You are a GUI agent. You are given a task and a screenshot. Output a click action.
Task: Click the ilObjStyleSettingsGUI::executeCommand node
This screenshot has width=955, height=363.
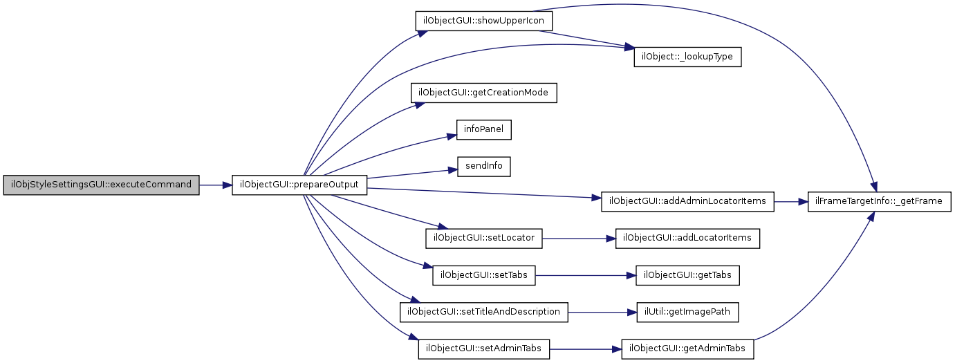click(101, 185)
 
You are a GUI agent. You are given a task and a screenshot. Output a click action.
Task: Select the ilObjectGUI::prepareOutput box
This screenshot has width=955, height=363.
click(299, 185)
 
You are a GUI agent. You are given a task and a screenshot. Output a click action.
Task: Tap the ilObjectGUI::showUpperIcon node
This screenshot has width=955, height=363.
click(483, 21)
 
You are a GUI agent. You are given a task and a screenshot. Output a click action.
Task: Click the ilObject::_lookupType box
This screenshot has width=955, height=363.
click(687, 57)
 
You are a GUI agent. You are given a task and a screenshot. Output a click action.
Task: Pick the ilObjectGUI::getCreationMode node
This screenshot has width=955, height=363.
click(484, 93)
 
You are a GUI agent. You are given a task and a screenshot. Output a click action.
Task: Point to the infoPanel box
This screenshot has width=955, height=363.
click(483, 129)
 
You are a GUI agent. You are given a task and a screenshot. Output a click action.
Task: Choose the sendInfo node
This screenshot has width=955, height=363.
click(483, 166)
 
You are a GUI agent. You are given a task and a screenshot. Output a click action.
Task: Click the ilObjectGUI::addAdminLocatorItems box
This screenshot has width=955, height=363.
click(687, 202)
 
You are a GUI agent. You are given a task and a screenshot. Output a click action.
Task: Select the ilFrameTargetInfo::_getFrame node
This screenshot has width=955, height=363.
click(880, 202)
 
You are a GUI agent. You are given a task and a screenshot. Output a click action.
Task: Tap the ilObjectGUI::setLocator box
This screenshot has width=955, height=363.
click(483, 239)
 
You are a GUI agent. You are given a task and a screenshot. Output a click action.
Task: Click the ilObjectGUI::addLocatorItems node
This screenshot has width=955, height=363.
click(688, 239)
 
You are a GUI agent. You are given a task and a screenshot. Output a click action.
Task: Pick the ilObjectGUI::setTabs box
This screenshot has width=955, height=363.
click(483, 275)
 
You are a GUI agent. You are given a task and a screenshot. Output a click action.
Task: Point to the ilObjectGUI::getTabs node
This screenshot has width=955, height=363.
click(688, 275)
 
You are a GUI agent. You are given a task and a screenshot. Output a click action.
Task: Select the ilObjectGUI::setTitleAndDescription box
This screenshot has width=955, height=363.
click(483, 312)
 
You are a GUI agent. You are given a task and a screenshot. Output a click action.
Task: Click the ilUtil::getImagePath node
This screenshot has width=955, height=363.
click(687, 312)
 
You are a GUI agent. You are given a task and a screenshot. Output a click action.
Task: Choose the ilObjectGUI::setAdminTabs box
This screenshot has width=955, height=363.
click(483, 348)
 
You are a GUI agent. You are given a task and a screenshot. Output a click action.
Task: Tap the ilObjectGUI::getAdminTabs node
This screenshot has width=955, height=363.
click(687, 348)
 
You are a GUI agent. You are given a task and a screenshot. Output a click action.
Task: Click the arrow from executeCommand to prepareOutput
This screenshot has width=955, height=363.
click(215, 185)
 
